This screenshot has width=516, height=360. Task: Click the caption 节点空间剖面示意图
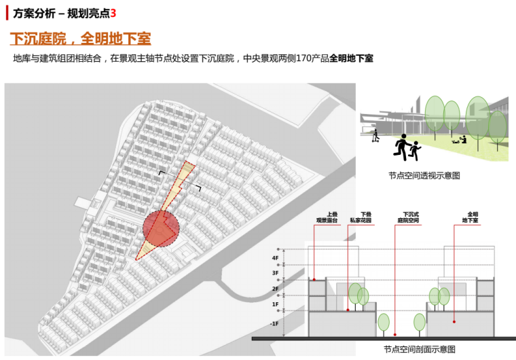(419, 349)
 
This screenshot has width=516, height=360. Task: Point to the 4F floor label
(275, 258)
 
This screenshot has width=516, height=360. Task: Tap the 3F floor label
(275, 273)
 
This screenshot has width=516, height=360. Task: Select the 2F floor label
(275, 289)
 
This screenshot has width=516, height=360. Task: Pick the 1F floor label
(275, 305)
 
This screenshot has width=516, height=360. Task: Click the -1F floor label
(274, 324)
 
